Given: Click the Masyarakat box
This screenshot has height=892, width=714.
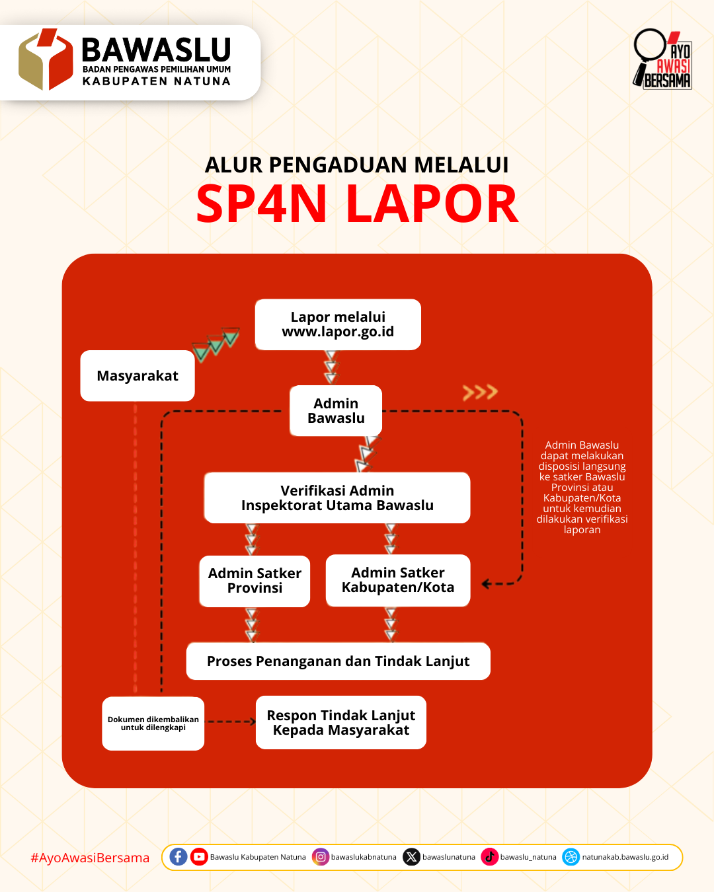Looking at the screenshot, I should click(x=138, y=376).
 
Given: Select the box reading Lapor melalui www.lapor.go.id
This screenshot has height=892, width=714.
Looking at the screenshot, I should click(x=338, y=324).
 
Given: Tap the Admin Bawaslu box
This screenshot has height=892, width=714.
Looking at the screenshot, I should click(x=336, y=411).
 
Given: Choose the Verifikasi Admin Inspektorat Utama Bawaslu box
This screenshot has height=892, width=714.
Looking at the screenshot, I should click(x=337, y=498).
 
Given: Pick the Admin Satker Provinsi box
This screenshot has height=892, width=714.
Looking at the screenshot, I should click(x=255, y=581).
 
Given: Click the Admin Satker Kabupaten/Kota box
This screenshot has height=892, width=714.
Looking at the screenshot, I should click(x=398, y=580).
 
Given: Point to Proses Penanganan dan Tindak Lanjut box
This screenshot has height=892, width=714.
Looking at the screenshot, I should click(x=338, y=661).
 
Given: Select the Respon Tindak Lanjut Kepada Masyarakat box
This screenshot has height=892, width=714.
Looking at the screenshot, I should click(x=341, y=723).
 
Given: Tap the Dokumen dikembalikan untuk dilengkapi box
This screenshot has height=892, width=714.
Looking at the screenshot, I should click(x=153, y=724).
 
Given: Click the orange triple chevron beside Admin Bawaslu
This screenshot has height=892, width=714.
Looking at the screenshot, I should click(x=480, y=392).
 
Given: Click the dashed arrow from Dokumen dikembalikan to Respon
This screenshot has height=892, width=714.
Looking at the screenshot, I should click(x=230, y=722).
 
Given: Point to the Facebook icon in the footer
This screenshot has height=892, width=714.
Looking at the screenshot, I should click(x=178, y=857).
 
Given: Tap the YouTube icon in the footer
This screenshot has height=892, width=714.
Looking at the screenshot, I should click(x=199, y=857).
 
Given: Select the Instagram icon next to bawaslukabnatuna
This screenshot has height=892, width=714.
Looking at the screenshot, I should click(x=321, y=857).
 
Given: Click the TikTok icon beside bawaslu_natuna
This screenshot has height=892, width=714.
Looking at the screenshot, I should click(x=490, y=857).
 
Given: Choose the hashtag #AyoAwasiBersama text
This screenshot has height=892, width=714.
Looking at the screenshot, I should click(x=90, y=858).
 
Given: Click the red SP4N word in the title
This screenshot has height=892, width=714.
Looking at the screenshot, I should click(x=262, y=204).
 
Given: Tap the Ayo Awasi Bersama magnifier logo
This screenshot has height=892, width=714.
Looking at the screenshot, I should click(x=662, y=59).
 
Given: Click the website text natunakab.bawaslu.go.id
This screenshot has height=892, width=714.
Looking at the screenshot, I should click(x=625, y=857).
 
